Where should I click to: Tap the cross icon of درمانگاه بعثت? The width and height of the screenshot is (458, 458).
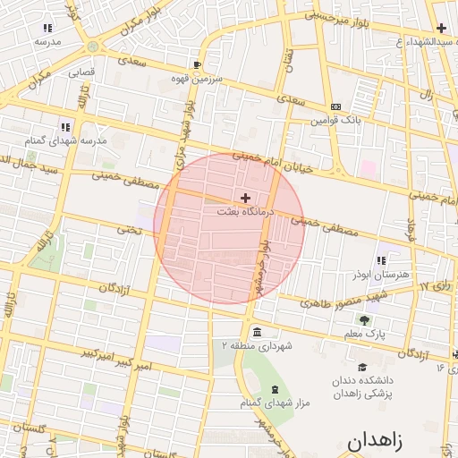pos(246,197)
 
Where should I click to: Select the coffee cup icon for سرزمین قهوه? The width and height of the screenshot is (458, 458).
pos(198,65)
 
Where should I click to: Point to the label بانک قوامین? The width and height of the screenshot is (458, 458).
pos(335,120)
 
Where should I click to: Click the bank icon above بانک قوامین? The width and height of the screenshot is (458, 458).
pos(335,106)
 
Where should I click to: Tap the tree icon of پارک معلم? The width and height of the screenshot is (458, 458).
pos(363,319)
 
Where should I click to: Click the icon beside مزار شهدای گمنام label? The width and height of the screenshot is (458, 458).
pos(274,389)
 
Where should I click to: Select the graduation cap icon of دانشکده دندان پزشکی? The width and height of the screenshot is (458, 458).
pos(362,367)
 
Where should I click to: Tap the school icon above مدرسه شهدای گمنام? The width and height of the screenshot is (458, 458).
pos(64,127)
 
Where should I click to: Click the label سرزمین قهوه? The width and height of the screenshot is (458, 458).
pos(199,79)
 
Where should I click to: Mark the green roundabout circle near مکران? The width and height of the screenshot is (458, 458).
pos(93,46)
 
